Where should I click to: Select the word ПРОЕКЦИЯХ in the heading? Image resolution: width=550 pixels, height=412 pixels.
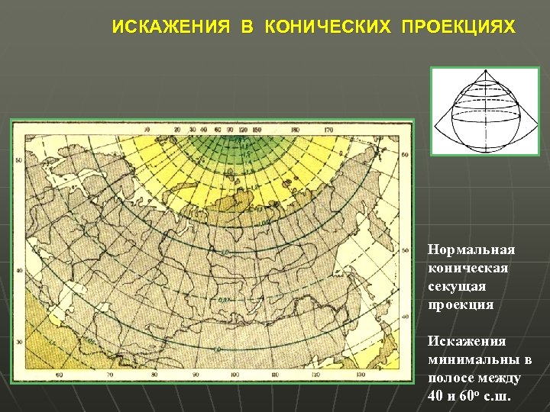pyautogui.click(x=458, y=27)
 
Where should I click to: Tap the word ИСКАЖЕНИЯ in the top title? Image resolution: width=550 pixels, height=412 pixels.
pyautogui.click(x=171, y=27)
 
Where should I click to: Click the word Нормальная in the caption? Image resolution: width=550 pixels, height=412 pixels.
pyautogui.click(x=471, y=250)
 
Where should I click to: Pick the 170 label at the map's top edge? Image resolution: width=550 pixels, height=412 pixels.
pyautogui.click(x=329, y=130)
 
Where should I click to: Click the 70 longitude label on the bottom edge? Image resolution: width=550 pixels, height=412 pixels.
pyautogui.click(x=109, y=375)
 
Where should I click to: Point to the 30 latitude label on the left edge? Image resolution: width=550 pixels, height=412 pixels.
pyautogui.click(x=18, y=341)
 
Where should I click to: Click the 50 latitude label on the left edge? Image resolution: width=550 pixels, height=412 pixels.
pyautogui.click(x=18, y=161)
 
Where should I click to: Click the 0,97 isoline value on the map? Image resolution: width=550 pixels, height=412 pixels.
pyautogui.click(x=224, y=300)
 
